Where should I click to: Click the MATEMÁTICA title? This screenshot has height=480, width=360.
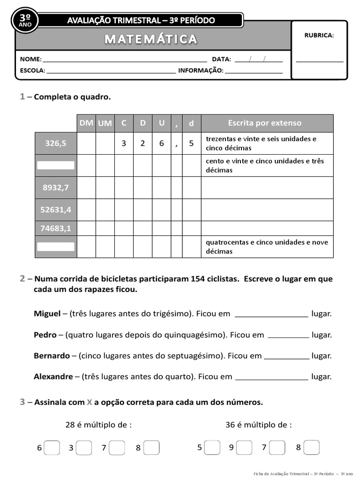(x=151, y=39)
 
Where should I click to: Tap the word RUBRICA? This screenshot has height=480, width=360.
(x=319, y=35)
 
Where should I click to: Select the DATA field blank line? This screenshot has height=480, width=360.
(x=258, y=60)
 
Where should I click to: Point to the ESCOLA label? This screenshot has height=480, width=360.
(x=32, y=70)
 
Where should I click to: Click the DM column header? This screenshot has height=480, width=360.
(x=86, y=123)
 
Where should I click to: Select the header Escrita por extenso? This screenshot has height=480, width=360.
(x=264, y=123)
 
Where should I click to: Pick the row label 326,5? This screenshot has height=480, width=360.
(x=56, y=143)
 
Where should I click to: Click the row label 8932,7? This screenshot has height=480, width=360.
(x=56, y=187)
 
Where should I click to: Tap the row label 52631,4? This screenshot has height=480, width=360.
(x=56, y=210)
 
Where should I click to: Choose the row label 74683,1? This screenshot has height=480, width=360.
(x=56, y=228)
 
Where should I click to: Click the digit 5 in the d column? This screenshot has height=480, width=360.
(x=191, y=143)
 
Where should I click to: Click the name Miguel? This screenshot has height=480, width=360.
(x=47, y=314)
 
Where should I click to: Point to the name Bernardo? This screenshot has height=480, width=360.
(x=52, y=356)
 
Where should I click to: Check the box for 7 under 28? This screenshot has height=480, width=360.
(x=117, y=448)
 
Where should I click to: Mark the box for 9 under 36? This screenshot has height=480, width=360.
(x=244, y=448)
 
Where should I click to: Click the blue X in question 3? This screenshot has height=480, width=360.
(x=89, y=402)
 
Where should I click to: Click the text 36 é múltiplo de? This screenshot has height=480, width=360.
(x=258, y=425)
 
